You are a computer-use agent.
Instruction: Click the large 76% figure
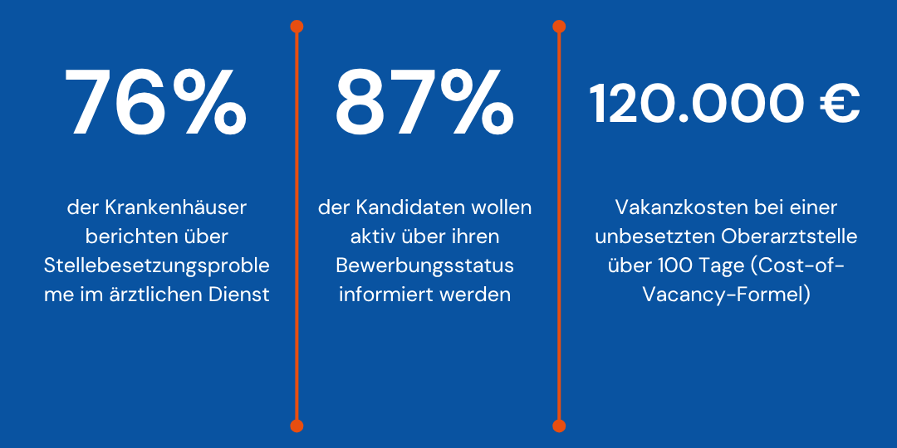click(156, 104)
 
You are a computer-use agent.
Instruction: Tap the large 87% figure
click(424, 104)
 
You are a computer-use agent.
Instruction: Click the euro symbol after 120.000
click(839, 105)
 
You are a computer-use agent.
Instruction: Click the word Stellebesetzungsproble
click(157, 265)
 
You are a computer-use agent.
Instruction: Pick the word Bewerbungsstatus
click(424, 265)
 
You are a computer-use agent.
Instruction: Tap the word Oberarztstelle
click(789, 236)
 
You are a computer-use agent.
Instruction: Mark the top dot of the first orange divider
click(297, 27)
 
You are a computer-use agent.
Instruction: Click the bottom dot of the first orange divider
click(297, 426)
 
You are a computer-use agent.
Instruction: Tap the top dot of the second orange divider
click(559, 27)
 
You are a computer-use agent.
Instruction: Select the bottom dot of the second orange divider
click(559, 426)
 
